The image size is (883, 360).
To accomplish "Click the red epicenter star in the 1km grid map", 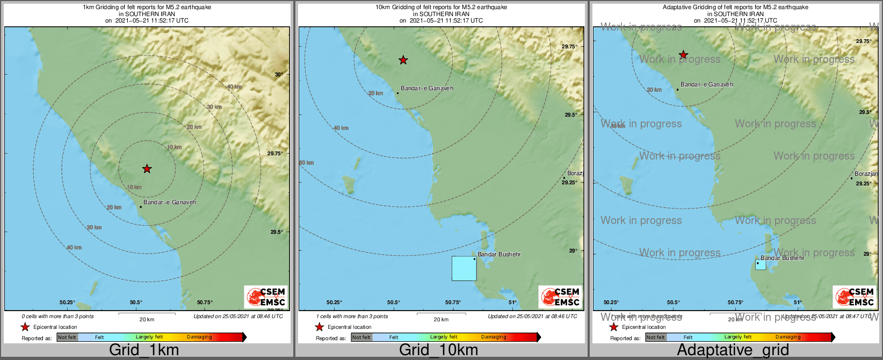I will [x=147, y=169].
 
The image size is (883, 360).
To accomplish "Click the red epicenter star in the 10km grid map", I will [x=403, y=60].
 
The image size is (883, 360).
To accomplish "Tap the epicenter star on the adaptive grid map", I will [x=683, y=55].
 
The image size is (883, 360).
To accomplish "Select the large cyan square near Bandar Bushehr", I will [x=464, y=268].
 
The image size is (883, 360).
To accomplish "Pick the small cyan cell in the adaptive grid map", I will [x=761, y=264].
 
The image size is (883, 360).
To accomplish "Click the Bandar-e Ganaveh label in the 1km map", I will [x=170, y=203].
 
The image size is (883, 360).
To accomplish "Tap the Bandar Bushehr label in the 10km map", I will [x=499, y=254].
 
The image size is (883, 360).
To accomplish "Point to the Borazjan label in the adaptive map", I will [x=866, y=174].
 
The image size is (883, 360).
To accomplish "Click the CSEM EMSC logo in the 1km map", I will [x=266, y=297].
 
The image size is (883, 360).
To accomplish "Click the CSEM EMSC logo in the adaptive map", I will [x=855, y=297].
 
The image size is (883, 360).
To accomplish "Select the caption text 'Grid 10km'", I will [x=438, y=350].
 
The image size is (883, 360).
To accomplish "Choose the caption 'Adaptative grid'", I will [x=733, y=350].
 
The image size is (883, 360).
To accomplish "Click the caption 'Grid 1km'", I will [x=144, y=350].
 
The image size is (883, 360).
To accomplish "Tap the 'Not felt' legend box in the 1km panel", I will [x=67, y=337].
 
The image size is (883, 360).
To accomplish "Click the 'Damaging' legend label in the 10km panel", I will [x=494, y=337].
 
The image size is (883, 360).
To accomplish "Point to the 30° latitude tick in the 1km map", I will [x=279, y=75].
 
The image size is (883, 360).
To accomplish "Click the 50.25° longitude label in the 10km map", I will [x=334, y=303].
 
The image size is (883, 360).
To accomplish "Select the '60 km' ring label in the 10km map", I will [x=306, y=163].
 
